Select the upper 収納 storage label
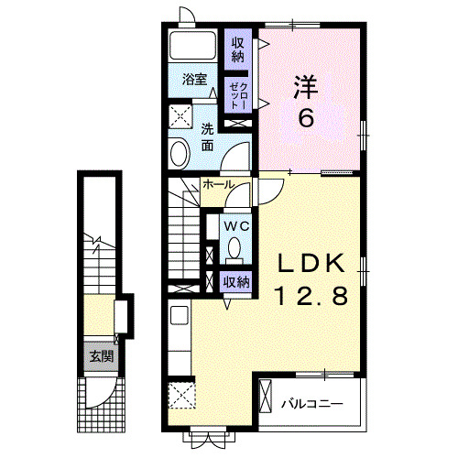238,50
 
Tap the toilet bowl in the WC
235,247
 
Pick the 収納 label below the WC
236,282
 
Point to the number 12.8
311,296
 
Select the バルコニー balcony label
311,403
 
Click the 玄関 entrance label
102,356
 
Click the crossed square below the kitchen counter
182,397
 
